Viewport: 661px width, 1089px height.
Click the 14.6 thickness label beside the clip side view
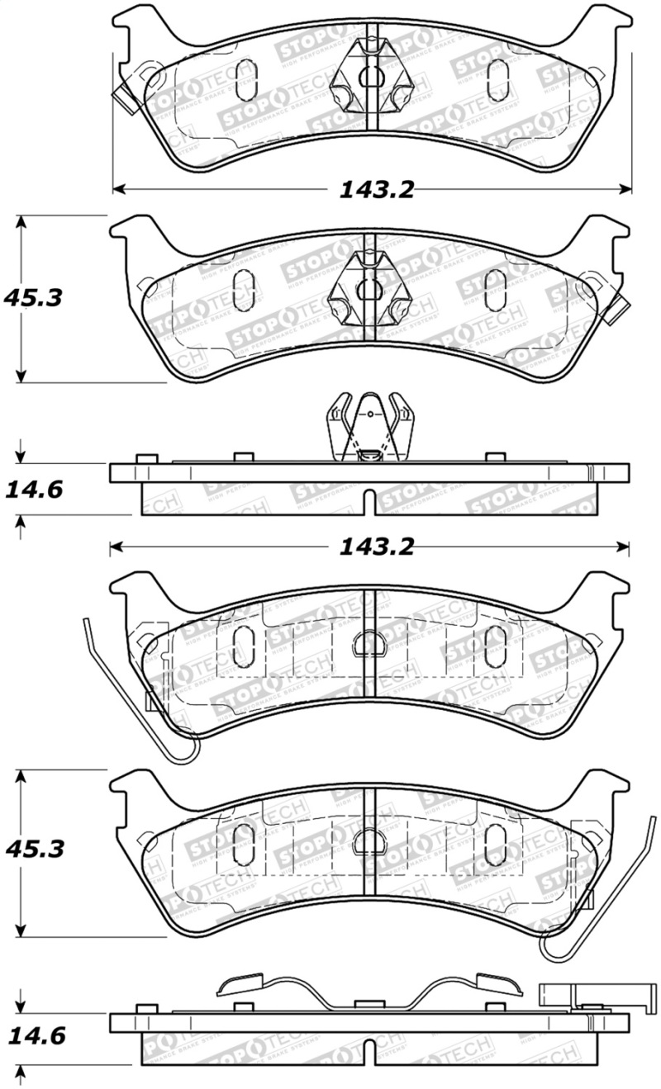(x=34, y=490)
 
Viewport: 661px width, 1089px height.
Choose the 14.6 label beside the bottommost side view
(x=34, y=1035)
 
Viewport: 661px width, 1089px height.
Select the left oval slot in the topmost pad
(x=245, y=80)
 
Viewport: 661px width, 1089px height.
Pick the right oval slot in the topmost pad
(x=497, y=80)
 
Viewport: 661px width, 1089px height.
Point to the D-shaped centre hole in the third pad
(x=364, y=642)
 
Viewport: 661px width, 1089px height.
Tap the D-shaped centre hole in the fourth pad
(x=364, y=840)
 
